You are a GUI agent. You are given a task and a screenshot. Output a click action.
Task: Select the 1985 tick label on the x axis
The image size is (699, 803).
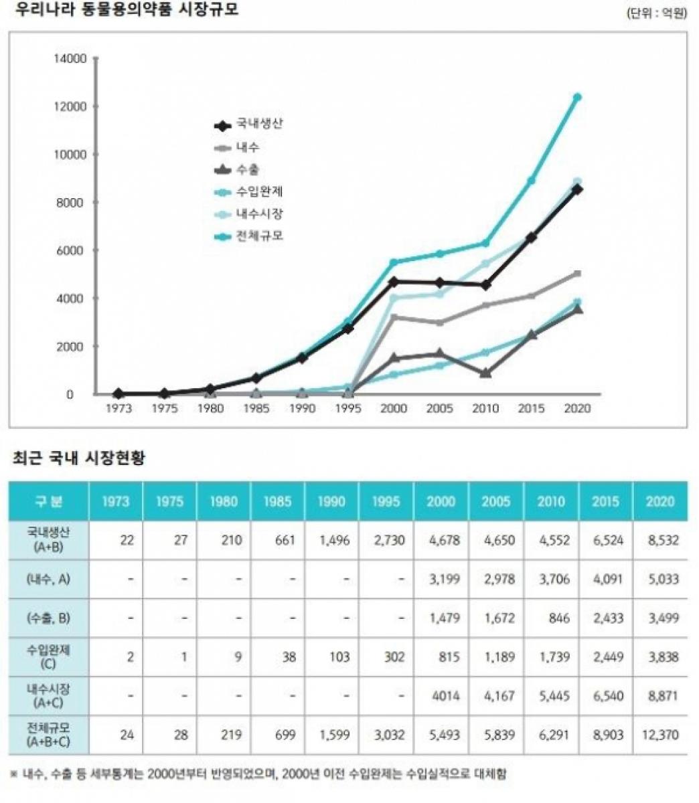[256, 408]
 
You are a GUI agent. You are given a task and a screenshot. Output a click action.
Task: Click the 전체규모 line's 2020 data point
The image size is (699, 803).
[577, 97]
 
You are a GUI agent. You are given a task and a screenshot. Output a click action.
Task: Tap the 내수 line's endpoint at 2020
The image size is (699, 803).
[577, 274]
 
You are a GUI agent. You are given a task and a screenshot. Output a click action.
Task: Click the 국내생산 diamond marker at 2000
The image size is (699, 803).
[394, 282]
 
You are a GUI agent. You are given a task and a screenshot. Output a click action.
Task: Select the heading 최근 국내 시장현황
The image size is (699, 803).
[79, 458]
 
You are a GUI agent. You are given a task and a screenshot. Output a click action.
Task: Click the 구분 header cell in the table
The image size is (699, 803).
[48, 501]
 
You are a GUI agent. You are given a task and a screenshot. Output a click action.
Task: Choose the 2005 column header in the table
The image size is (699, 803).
[495, 501]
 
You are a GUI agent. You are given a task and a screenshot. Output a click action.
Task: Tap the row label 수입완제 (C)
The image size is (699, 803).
[48, 656]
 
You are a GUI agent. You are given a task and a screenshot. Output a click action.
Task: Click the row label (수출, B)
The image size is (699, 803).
[48, 618]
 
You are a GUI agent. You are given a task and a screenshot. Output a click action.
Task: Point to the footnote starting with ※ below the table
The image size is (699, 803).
[258, 774]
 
